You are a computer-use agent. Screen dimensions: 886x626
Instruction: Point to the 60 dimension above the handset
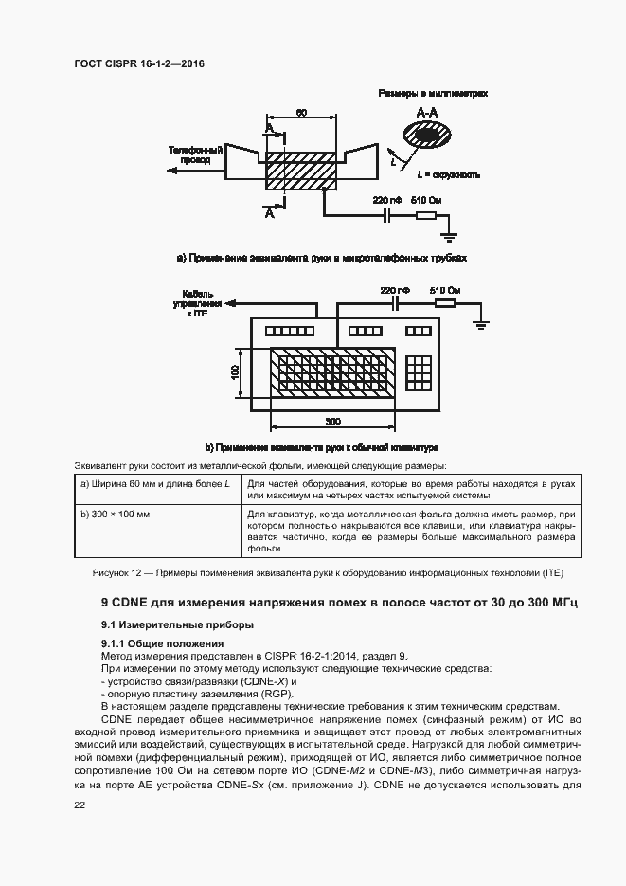300,113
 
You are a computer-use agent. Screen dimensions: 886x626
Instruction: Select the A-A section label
428,112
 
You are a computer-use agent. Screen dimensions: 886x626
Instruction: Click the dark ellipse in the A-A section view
428,136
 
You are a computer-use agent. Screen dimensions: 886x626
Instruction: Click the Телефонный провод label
195,155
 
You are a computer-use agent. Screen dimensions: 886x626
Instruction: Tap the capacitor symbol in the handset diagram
386,217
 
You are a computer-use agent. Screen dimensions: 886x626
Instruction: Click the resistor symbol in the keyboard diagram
445,304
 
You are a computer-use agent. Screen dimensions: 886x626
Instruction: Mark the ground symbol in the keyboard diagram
481,325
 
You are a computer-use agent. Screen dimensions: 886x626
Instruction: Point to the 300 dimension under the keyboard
332,420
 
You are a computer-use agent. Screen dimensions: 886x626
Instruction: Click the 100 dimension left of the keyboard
235,372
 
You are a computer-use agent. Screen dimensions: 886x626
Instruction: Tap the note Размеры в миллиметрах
433,95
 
